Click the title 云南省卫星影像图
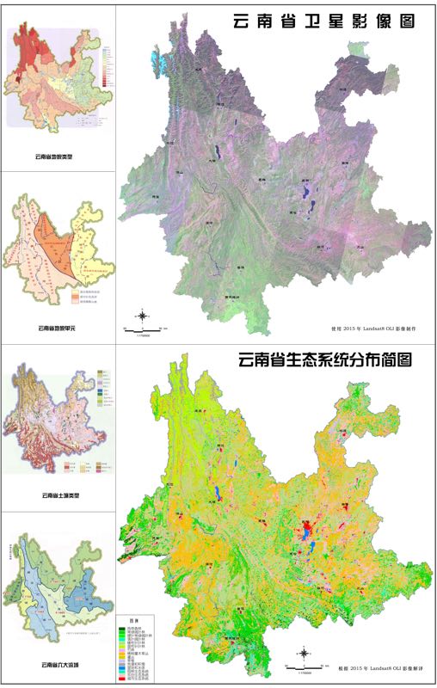point(323,21)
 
